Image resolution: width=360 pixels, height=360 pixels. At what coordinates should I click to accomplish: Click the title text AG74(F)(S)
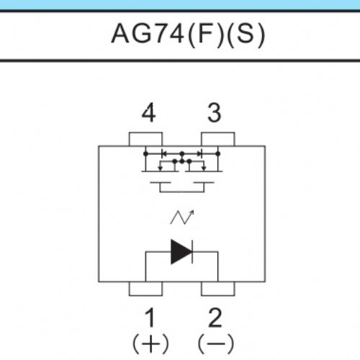(189, 35)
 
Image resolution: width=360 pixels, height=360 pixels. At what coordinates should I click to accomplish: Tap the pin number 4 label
(148, 112)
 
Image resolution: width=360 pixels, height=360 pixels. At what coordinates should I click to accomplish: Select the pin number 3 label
(214, 112)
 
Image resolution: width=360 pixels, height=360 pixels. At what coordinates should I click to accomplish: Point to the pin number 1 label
(150, 318)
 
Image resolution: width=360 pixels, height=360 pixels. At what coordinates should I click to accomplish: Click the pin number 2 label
(215, 318)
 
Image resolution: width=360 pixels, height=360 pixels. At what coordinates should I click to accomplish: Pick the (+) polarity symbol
(150, 343)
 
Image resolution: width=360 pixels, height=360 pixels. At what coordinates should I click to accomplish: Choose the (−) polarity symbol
(216, 343)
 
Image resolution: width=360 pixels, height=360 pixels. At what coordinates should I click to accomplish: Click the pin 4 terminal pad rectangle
(145, 139)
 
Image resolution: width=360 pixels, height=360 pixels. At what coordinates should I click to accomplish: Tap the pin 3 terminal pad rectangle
(218, 139)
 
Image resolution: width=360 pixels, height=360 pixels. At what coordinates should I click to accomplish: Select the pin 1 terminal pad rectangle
(145, 289)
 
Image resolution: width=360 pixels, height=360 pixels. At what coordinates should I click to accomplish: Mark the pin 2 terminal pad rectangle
(218, 289)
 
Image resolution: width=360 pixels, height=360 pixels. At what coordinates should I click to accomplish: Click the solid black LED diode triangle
(181, 252)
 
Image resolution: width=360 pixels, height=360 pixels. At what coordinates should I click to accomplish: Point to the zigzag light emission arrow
(182, 217)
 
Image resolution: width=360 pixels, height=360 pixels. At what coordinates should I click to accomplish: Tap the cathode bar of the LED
(192, 252)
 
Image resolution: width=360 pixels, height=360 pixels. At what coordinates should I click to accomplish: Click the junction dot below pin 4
(145, 153)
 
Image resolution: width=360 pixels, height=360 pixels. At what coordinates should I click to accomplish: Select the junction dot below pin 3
(218, 153)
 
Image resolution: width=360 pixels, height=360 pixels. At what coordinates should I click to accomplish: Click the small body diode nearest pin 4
(164, 153)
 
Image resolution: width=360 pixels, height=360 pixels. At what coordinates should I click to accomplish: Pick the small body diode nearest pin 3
(199, 153)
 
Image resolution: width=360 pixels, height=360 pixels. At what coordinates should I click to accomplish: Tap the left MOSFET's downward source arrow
(160, 168)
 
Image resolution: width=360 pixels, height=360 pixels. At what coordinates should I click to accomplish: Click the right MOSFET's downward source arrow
(204, 168)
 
